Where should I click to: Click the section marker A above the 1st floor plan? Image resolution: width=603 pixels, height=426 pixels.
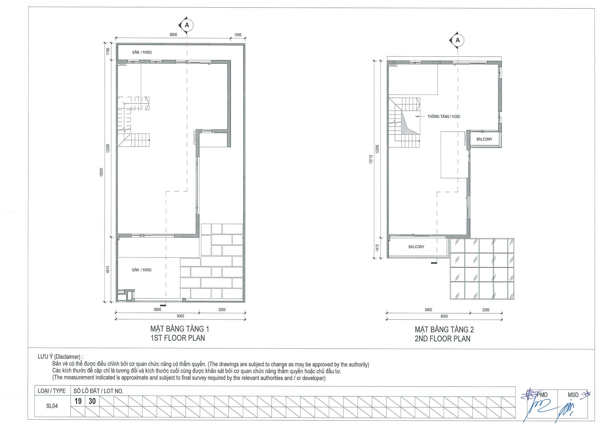[x=187, y=25]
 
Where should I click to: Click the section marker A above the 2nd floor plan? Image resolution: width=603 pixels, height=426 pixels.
[x=457, y=40]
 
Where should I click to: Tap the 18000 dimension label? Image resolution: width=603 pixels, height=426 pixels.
[x=101, y=172]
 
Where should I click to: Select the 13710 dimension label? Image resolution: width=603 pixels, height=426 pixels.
[x=371, y=159]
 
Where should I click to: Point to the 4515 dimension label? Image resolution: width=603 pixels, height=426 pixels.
[x=108, y=270]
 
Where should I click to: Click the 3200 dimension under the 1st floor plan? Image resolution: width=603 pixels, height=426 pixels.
[x=222, y=310]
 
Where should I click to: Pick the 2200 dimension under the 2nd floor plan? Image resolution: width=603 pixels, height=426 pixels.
[x=486, y=310]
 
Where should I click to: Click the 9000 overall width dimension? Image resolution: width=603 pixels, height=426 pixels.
[x=180, y=316]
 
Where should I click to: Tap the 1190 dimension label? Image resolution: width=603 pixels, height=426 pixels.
[x=108, y=52]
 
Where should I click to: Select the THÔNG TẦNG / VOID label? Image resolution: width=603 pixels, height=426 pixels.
[x=444, y=117]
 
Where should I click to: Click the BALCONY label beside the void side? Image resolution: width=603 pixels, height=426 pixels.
[x=484, y=139]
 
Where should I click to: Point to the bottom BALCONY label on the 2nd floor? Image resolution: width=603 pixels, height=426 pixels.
[x=416, y=247]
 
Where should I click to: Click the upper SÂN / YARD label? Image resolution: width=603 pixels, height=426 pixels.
[x=142, y=52]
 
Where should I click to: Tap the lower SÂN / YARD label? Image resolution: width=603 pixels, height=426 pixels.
[x=142, y=270]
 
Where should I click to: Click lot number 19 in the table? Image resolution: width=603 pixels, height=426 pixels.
[x=78, y=401]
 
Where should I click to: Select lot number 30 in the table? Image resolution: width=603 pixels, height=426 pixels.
[x=92, y=401]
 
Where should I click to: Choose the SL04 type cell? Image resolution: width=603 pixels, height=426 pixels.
[x=52, y=406]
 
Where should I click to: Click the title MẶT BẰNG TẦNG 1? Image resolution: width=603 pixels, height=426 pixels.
[x=180, y=329]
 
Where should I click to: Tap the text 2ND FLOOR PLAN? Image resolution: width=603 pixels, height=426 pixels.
[x=442, y=339]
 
